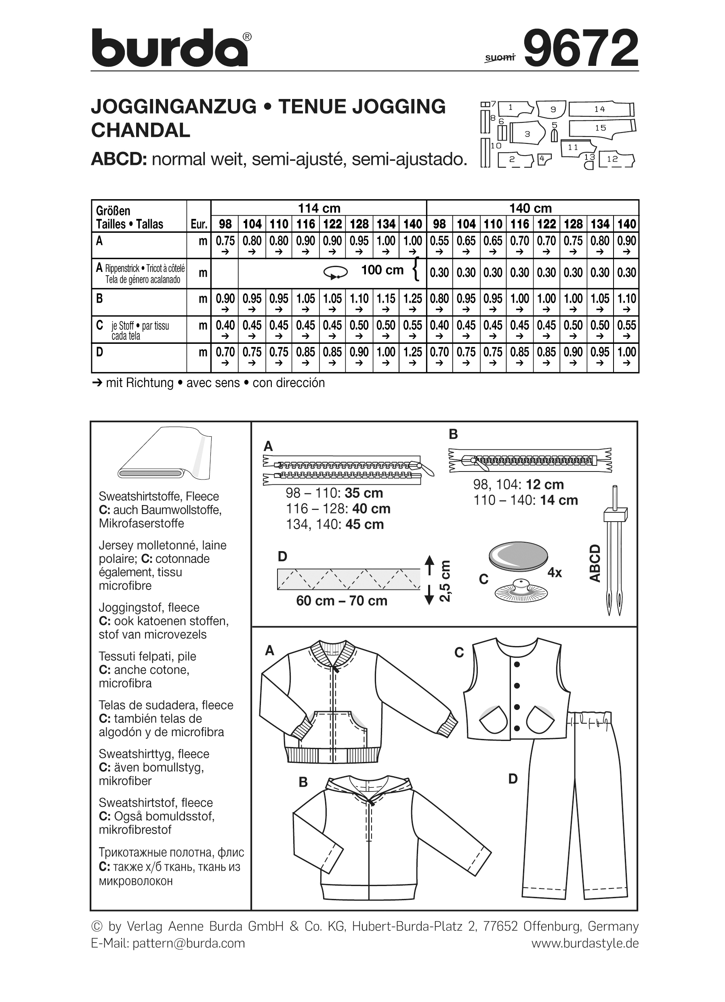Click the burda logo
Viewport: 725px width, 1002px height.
point(170,48)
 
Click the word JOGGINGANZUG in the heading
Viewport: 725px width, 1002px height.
point(174,107)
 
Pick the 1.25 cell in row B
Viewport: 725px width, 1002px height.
point(412,299)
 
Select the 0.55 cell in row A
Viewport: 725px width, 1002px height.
point(439,241)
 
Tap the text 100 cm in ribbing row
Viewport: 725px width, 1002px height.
point(382,270)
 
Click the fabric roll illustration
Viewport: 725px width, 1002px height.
point(166,455)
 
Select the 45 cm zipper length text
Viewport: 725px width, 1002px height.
point(365,524)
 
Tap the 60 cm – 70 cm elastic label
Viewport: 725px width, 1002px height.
point(341,601)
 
